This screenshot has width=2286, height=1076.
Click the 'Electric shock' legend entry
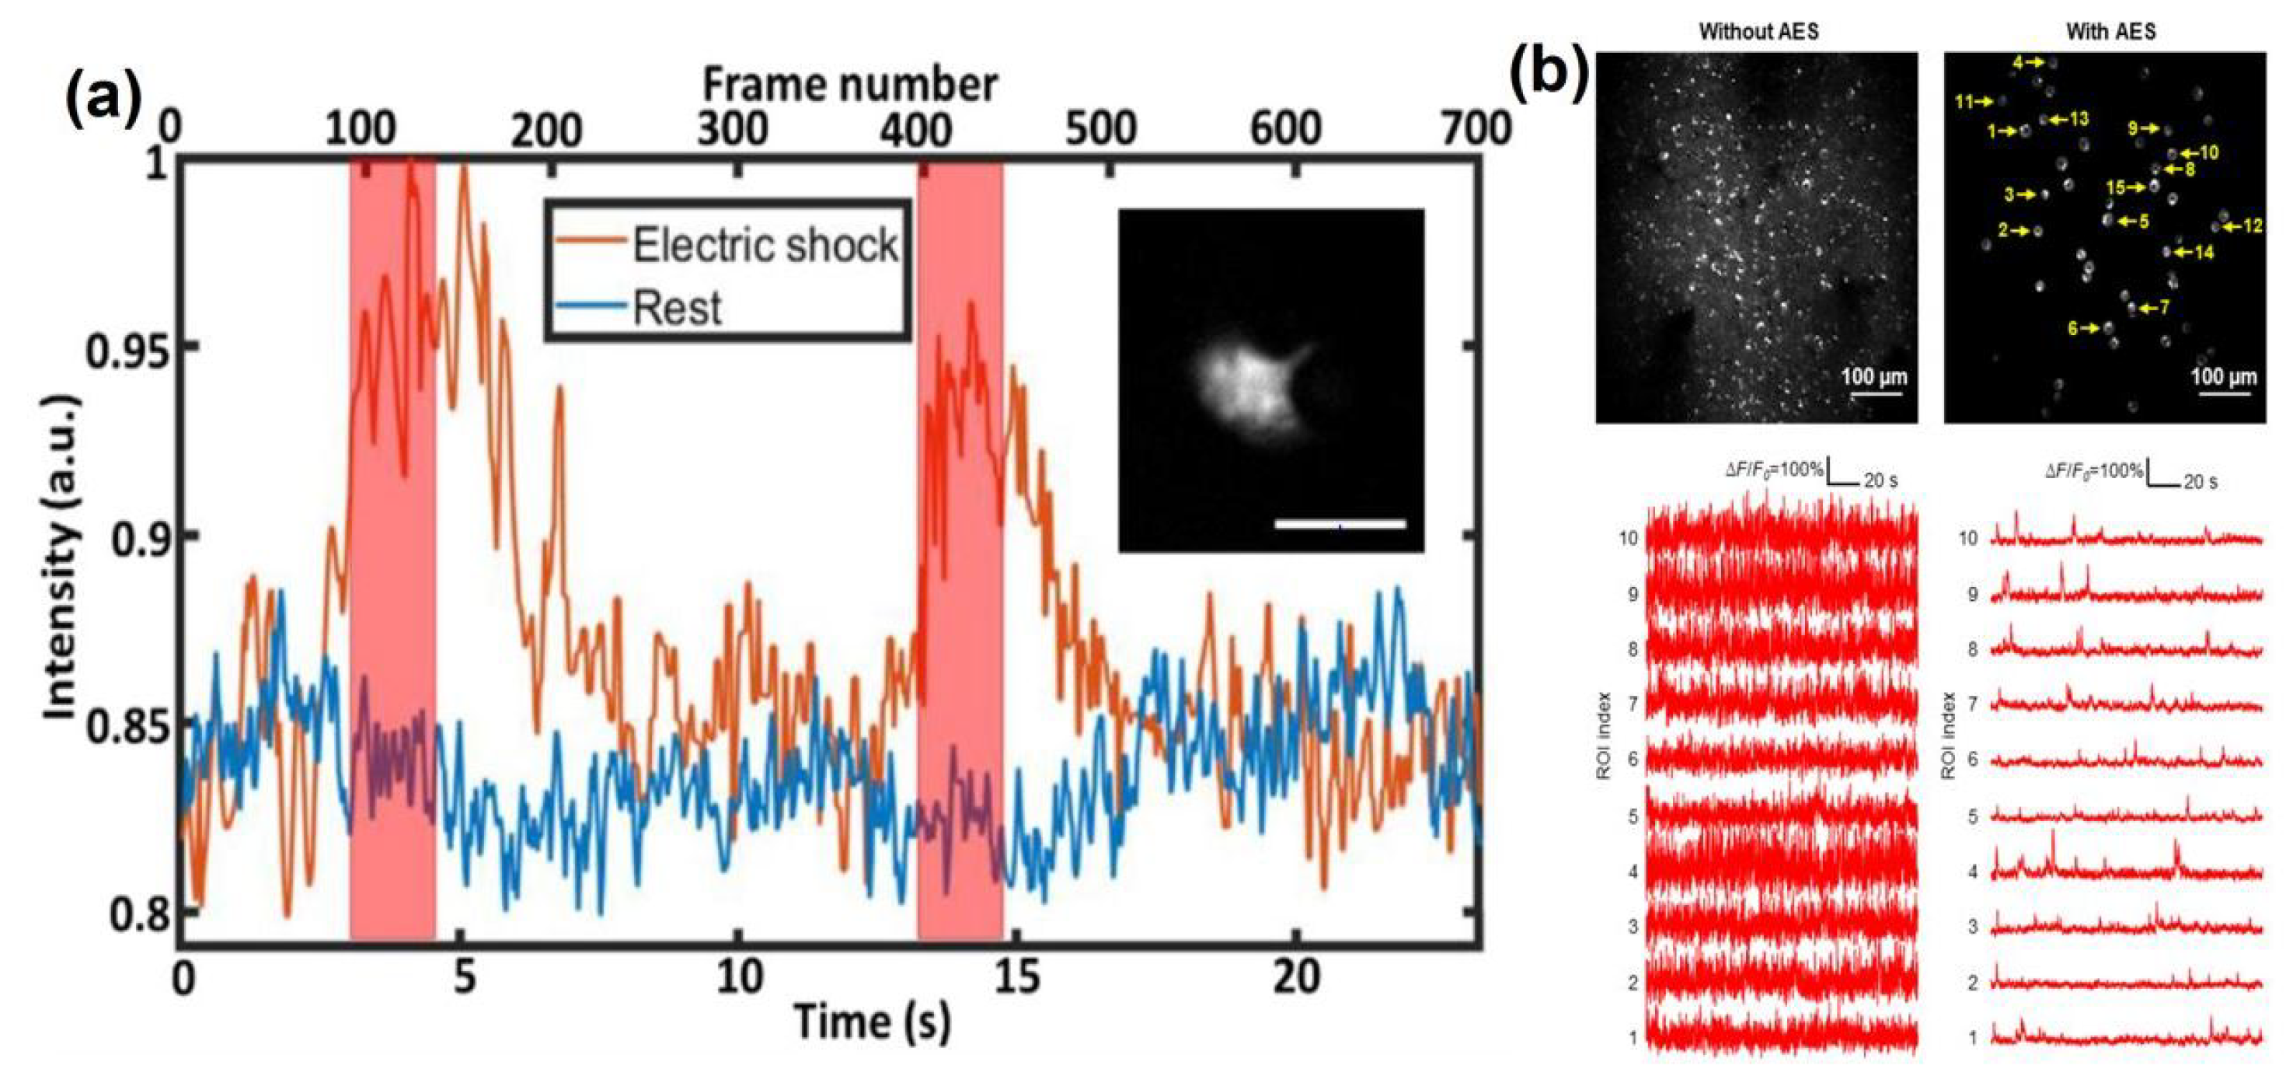pyautogui.click(x=764, y=244)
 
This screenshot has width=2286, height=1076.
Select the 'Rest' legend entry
pyautogui.click(x=676, y=308)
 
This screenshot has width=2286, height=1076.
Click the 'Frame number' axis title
pyautogui.click(x=850, y=86)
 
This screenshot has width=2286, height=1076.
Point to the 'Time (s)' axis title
pyautogui.click(x=872, y=1021)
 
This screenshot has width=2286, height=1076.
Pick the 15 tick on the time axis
pyautogui.click(x=1016, y=976)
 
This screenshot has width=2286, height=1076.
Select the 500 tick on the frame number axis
pyautogui.click(x=1100, y=130)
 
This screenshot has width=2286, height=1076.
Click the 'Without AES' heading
pyautogui.click(x=1758, y=32)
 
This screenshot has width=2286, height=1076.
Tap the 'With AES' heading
pyautogui.click(x=2110, y=32)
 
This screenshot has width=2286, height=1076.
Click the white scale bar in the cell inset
pyautogui.click(x=1340, y=525)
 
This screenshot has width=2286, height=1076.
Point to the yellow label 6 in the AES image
pyautogui.click(x=2072, y=329)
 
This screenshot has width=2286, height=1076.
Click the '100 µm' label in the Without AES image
pyautogui.click(x=1873, y=376)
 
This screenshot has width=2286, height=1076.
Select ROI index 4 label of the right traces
pyautogui.click(x=1973, y=873)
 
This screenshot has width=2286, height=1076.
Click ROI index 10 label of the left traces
pyautogui.click(x=1628, y=538)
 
